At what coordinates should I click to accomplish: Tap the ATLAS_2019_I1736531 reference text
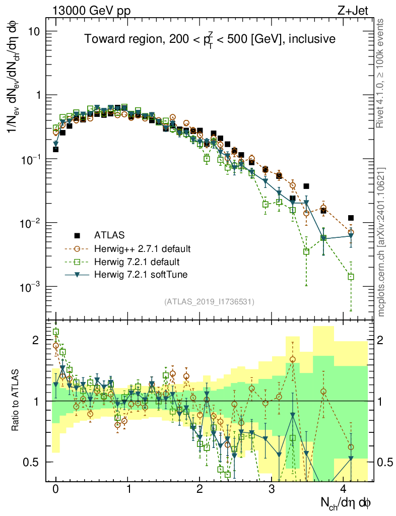209,302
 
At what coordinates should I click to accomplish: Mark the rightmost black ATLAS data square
351,218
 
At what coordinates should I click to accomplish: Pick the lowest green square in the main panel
351,277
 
